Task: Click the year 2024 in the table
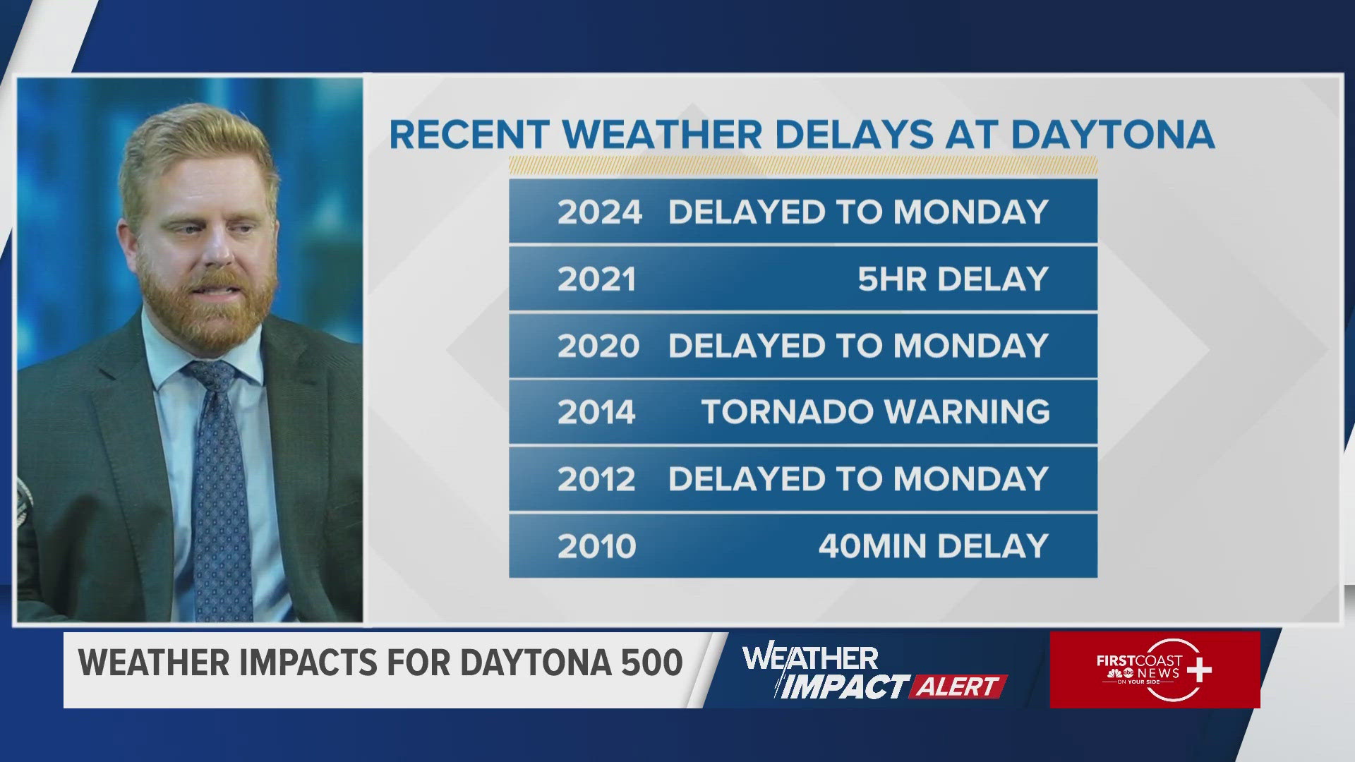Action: (x=599, y=212)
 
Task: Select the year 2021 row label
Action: (x=597, y=279)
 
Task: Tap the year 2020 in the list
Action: (x=598, y=346)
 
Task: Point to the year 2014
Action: (x=597, y=412)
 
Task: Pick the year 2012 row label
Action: (x=597, y=479)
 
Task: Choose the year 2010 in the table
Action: (x=597, y=546)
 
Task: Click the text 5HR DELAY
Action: (x=953, y=279)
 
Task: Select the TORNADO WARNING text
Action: (x=875, y=412)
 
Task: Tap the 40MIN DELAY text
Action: (x=933, y=546)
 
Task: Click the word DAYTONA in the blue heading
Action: (x=1112, y=134)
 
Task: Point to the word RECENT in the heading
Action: (x=469, y=134)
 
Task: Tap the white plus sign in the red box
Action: (x=1198, y=670)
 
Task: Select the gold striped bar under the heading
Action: (x=803, y=167)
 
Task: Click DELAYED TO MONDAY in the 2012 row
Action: (x=858, y=479)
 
